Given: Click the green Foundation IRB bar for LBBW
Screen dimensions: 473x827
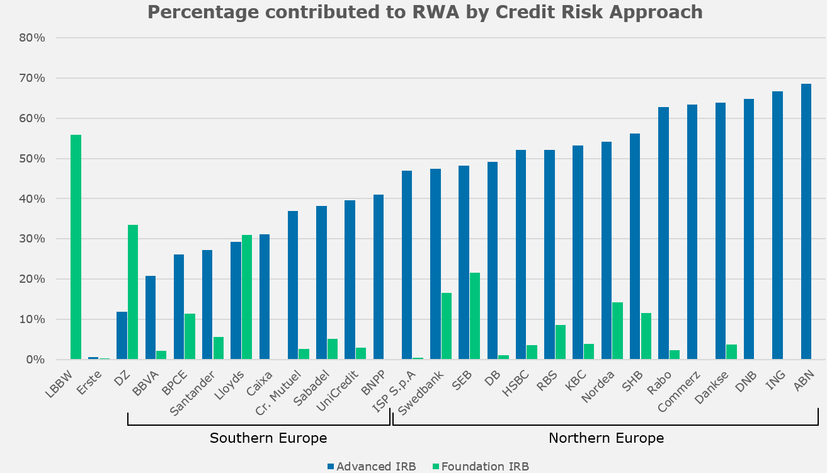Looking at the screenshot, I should point(76,247).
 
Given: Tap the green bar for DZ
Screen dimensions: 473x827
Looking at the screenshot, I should point(133,292).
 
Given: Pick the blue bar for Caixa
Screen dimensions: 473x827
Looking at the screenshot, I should point(265,297).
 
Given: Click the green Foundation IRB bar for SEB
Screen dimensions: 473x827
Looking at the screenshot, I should point(475,316).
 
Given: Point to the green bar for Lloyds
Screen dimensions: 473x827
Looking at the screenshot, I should point(247,297).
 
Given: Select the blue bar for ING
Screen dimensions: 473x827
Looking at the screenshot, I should point(777,225).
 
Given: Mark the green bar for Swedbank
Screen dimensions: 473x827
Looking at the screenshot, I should point(446,326).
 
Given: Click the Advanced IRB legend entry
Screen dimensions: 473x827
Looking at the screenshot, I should point(372,466).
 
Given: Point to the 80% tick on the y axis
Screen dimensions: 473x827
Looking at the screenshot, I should point(32,38).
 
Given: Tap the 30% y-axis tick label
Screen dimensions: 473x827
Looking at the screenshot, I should point(32,239).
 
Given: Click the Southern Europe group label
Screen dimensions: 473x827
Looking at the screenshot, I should point(268,438).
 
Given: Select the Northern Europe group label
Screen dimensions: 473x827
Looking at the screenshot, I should point(606,438).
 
